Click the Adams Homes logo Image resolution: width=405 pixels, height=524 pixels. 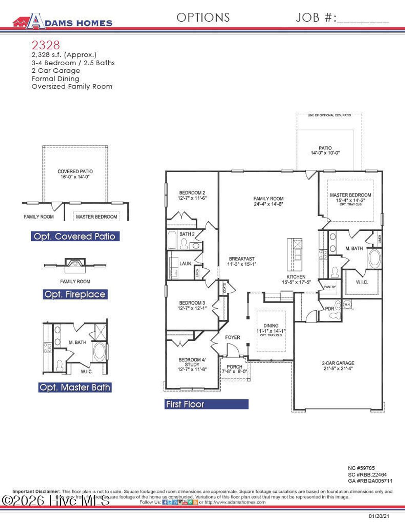tap(62, 22)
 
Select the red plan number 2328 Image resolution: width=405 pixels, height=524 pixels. tap(46, 45)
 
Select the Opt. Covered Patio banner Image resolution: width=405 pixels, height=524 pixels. tap(75, 236)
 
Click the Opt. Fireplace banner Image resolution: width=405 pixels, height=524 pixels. tap(75, 294)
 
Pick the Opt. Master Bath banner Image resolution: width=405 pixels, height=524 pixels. tap(75, 388)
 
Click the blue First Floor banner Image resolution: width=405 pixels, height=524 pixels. tap(206, 404)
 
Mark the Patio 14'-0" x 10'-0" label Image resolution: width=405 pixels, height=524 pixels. tap(325, 150)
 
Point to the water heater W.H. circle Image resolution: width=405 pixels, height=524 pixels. tap(347, 304)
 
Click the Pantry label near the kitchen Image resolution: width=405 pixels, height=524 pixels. tap(329, 287)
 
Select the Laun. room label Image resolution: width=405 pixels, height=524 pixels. tap(185, 264)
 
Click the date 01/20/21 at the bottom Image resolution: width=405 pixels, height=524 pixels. tap(379, 516)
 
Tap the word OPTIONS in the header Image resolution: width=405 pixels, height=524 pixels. tap(203, 18)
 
